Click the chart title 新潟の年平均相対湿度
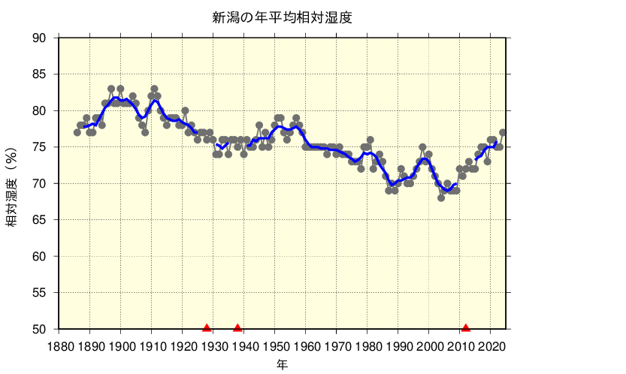282,17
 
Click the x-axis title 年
282,365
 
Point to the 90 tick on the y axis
39,38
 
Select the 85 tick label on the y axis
39,74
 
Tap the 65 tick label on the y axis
39,220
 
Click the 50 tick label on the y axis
39,329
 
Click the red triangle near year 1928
207,327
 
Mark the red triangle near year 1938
238,327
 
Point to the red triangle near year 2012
466,327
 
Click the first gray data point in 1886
77,132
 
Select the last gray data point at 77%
503,132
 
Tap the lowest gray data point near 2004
441,198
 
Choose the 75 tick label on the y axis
39,147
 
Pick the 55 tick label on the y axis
39,293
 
